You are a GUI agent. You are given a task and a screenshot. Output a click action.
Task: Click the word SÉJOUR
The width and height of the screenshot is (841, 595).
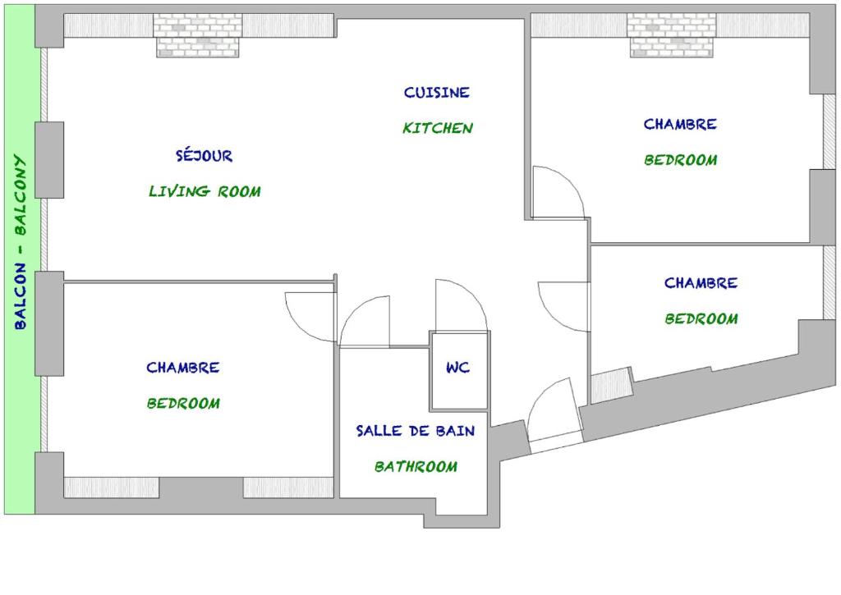coord(205,155)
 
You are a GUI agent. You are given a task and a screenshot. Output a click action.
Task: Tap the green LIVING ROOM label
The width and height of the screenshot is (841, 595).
coord(205,191)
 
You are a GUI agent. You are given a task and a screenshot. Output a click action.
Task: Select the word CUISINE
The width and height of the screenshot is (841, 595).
coord(437,92)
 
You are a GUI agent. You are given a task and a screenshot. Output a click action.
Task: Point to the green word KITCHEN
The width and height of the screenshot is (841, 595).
coord(438,128)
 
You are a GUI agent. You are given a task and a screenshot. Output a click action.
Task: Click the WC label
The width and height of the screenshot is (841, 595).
coord(458,367)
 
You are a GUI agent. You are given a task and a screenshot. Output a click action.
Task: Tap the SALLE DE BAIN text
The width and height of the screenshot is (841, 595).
coord(416,430)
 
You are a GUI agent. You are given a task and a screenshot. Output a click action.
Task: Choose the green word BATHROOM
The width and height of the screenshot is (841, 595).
coord(416,466)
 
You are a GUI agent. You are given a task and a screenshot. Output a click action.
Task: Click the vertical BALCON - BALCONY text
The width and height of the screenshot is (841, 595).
coord(20,242)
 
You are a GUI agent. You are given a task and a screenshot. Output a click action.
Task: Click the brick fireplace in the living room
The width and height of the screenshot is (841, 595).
coord(198,34)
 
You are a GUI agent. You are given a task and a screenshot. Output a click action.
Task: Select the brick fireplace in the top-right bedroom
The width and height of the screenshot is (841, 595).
coord(672,34)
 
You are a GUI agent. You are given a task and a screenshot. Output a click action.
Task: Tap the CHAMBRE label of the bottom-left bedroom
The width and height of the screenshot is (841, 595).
coord(183,367)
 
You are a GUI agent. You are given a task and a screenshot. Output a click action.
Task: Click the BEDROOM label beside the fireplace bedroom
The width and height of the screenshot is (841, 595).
coord(681,160)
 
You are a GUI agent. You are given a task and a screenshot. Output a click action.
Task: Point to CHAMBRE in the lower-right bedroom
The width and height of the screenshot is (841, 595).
coord(701,282)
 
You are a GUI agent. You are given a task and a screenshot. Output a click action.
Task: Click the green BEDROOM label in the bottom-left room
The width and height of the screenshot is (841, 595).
coord(183,403)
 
